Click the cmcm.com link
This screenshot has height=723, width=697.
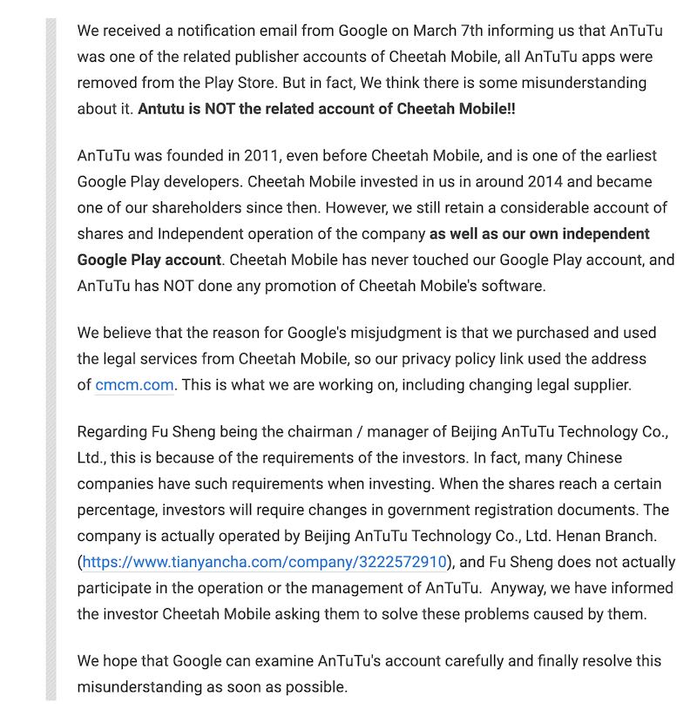click(x=133, y=385)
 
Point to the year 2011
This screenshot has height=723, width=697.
click(x=259, y=156)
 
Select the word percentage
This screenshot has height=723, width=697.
click(x=118, y=510)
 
